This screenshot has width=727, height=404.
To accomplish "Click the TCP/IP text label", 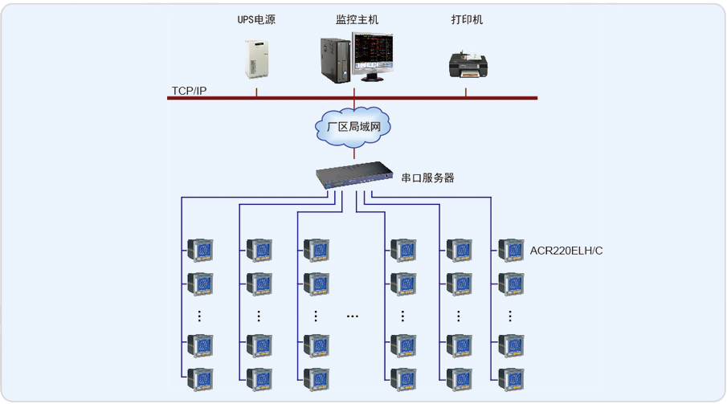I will coord(189,90).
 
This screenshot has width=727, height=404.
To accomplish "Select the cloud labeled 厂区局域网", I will coord(353,126).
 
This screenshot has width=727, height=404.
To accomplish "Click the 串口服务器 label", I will coord(428,178).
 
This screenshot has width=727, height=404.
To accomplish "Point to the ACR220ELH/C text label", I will coord(566,251).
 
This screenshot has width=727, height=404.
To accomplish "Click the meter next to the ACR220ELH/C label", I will coord(511,250).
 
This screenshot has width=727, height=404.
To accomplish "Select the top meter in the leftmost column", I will coord(201,250).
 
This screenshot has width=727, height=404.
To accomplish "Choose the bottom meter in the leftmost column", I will coord(201,378).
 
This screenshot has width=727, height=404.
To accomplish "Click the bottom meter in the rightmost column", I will coord(511,378).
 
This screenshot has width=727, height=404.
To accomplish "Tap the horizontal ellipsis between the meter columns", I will coord(353,316).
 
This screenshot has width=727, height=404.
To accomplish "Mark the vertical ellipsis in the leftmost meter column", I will coord(200,316).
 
